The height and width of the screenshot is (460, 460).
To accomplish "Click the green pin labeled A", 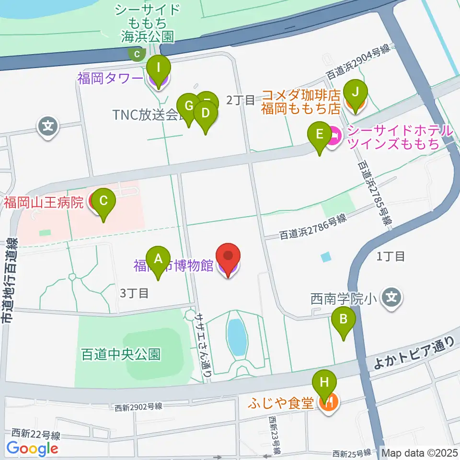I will tap(158, 260).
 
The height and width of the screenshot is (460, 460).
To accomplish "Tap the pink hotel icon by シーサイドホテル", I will tap(334, 137).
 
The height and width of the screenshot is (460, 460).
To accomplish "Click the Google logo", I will tap(32, 448).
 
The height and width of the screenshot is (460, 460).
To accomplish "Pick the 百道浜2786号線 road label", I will tap(312, 228).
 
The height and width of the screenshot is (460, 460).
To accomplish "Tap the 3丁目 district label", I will tap(135, 293).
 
